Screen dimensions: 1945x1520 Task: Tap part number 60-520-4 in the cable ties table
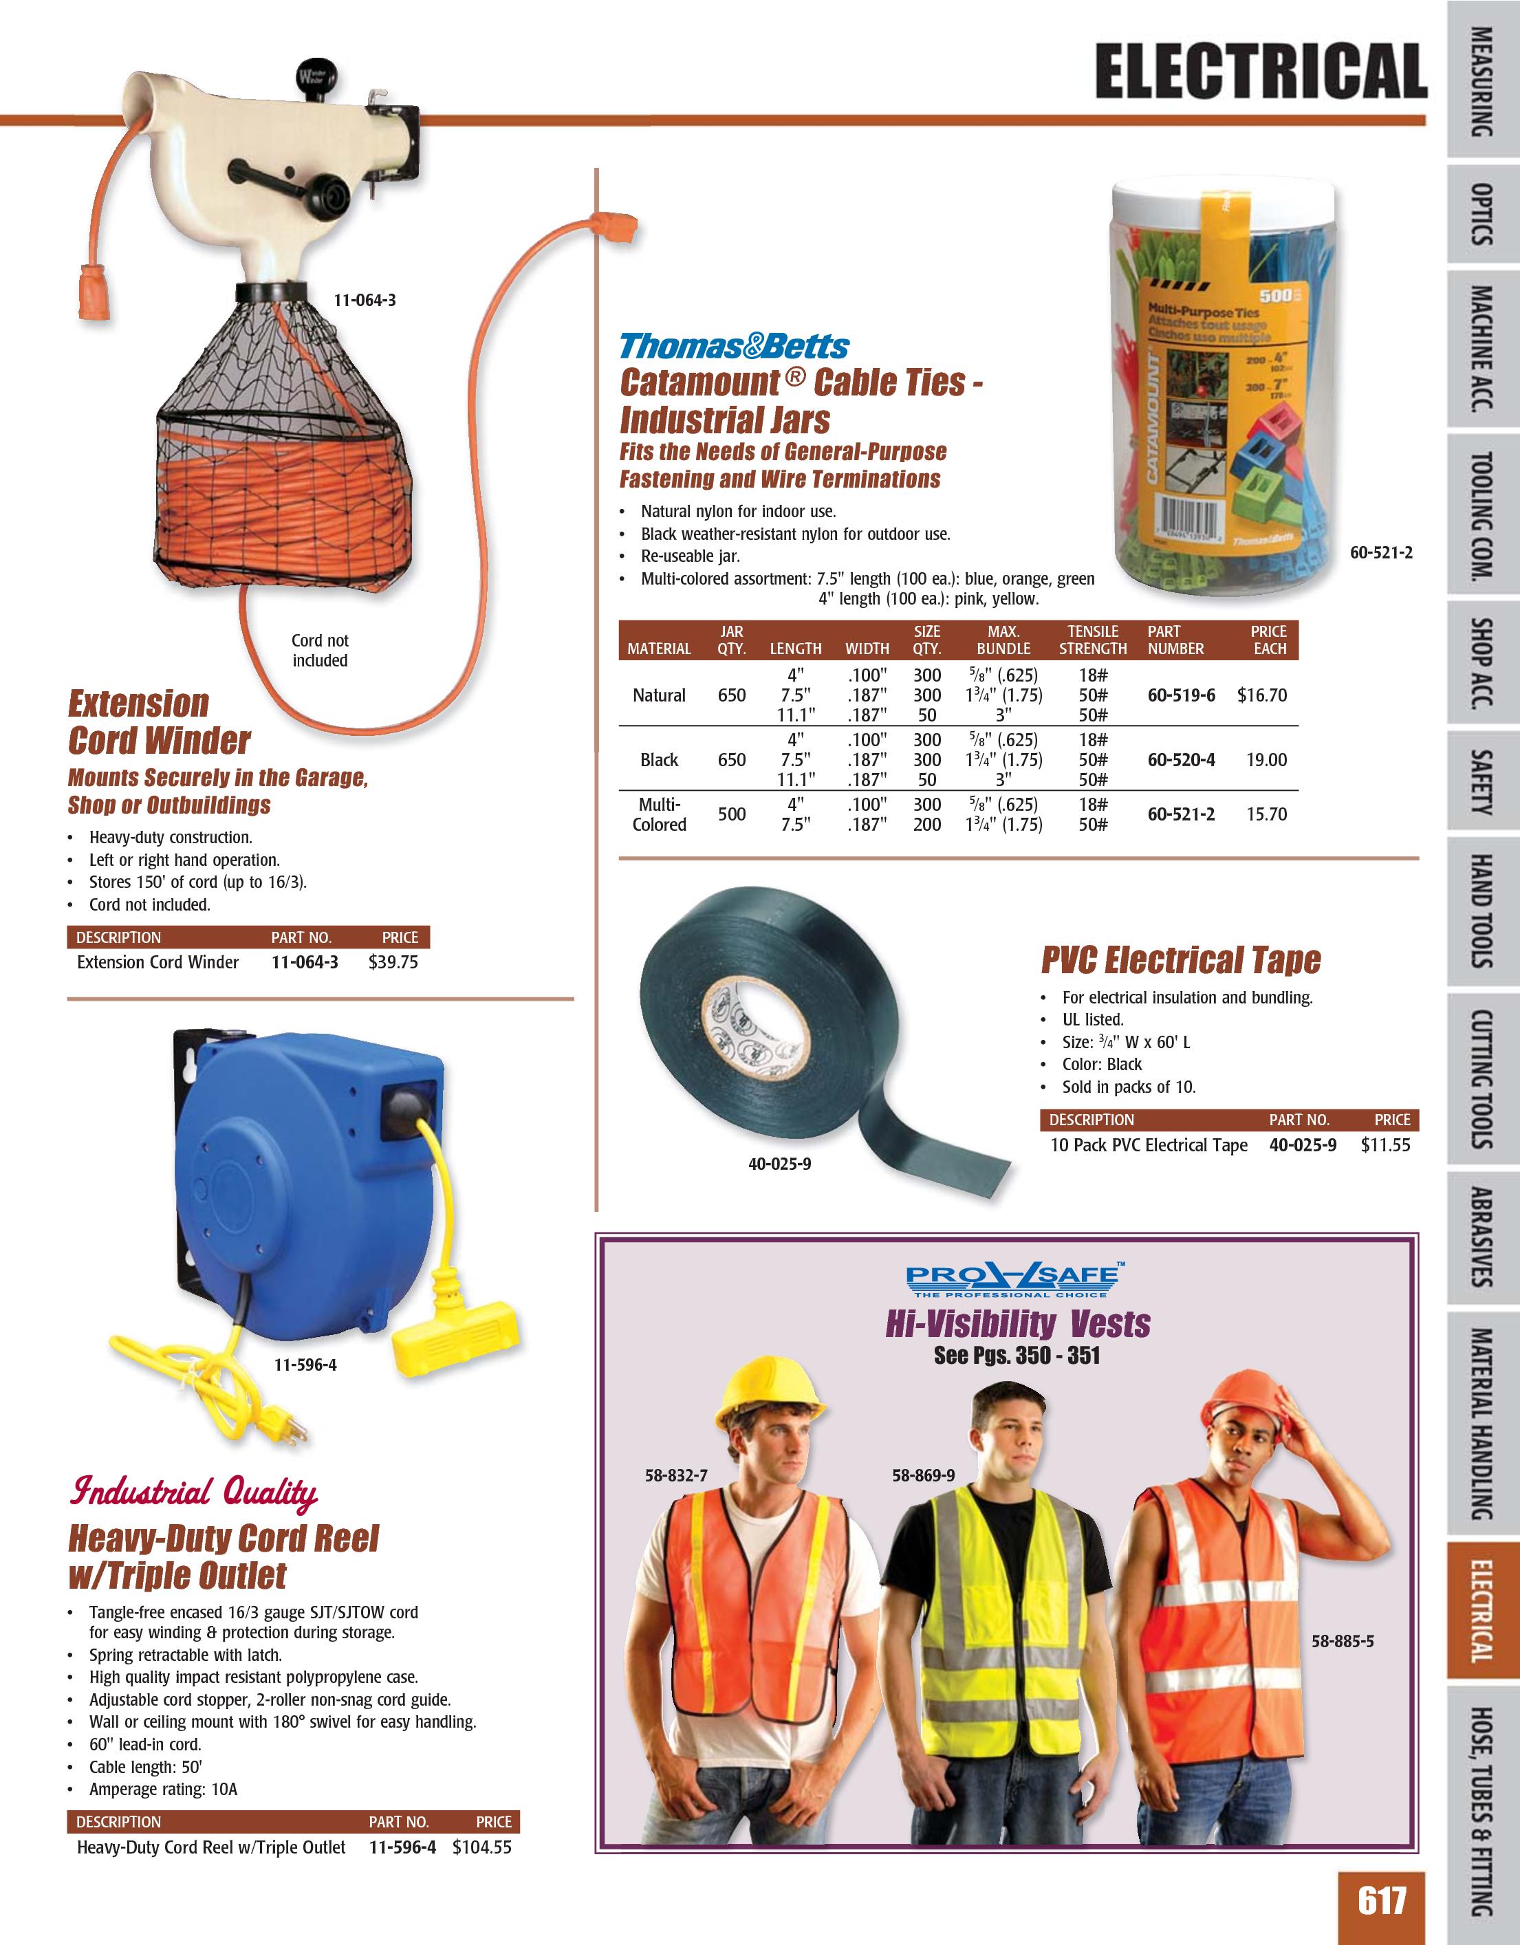[1181, 760]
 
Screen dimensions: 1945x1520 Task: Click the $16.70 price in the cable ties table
[1262, 695]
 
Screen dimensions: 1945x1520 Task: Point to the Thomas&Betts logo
[734, 345]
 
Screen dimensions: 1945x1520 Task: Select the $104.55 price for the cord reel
[481, 1847]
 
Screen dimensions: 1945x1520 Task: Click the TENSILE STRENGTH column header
[1093, 640]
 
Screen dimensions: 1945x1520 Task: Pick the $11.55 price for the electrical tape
[1386, 1145]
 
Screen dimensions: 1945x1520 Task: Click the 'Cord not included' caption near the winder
[320, 650]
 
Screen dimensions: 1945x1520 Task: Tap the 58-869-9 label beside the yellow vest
[922, 1476]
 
